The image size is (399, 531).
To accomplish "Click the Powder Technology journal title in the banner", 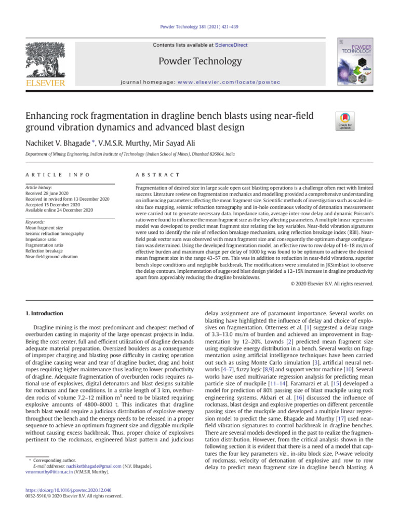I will click(x=199, y=61).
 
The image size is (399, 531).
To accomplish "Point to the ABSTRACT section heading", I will click(x=157, y=175).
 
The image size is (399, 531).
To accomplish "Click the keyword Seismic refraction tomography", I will click(x=54, y=234).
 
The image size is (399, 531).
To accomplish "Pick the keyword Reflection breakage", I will click(x=46, y=251).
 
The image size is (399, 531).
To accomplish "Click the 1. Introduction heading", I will click(x=45, y=314).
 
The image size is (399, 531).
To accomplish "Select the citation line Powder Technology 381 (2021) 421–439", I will click(x=199, y=26).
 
